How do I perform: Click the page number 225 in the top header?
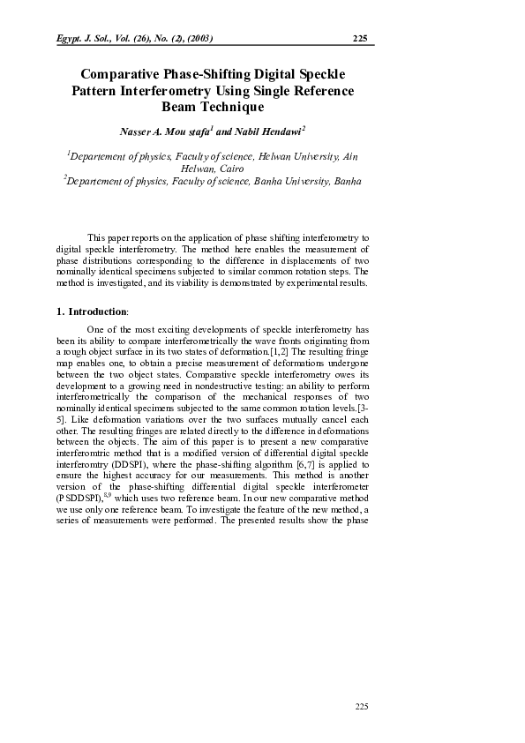coord(359,38)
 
